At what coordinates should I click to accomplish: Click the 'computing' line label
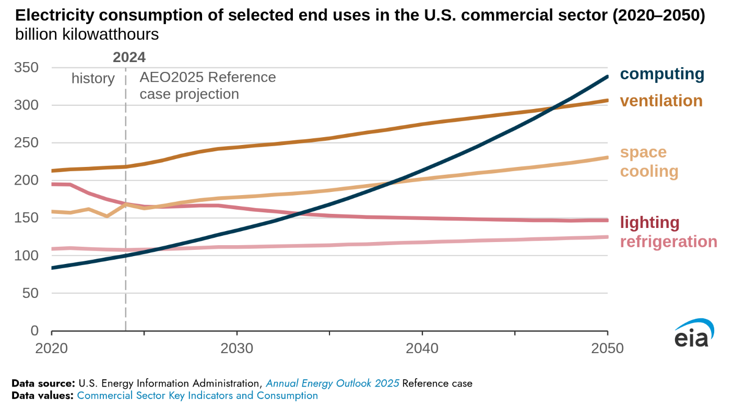(662, 74)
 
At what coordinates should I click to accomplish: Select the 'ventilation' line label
(661, 101)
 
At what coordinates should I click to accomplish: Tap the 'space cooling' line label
(649, 162)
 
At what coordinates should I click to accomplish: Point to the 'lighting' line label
(649, 223)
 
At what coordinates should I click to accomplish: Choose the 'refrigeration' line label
(668, 242)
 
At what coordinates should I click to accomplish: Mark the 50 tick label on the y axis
(32, 293)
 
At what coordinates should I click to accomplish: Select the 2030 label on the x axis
(237, 348)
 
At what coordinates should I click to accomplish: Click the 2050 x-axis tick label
(607, 348)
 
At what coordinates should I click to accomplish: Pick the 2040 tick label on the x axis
(422, 348)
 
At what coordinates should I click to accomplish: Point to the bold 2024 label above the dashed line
(129, 57)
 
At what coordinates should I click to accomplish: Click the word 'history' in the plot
(93, 78)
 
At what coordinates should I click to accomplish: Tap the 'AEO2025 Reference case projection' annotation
(207, 86)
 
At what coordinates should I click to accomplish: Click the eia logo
(693, 334)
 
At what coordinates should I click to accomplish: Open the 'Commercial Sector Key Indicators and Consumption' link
(197, 395)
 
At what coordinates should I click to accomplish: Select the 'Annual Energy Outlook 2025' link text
(333, 383)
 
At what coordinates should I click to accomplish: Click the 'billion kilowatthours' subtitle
(87, 35)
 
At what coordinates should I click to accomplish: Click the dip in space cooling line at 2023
(107, 215)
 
